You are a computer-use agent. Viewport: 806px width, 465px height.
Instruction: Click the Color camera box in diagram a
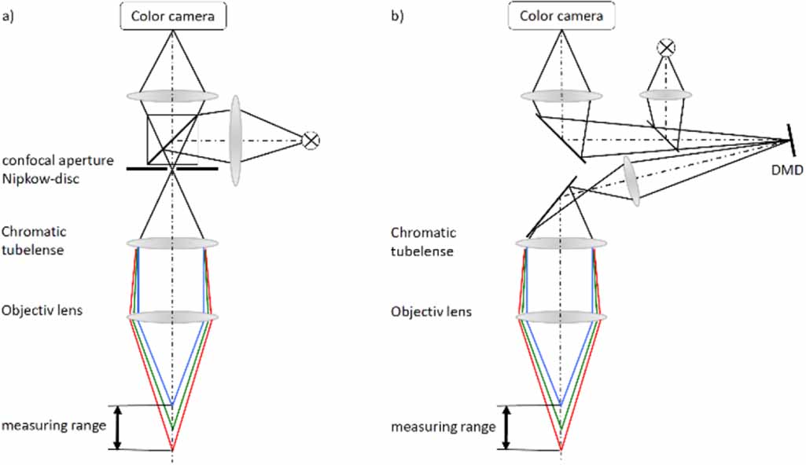tap(172, 16)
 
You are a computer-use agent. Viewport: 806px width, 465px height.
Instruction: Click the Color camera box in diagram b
tap(561, 16)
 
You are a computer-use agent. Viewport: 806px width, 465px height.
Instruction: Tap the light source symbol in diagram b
tap(666, 49)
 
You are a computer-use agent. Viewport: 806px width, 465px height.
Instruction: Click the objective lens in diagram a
tap(172, 317)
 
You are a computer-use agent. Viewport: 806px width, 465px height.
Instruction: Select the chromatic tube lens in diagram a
tap(172, 243)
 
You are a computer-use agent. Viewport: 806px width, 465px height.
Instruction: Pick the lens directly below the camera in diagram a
tap(172, 95)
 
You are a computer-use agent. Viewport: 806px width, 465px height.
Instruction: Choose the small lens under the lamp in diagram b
tap(666, 95)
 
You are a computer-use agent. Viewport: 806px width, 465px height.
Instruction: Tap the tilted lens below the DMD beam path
tap(631, 181)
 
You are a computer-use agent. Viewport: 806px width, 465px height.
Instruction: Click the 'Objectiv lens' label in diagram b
tap(431, 312)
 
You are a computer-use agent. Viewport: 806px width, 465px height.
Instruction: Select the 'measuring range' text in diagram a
tap(53, 426)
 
